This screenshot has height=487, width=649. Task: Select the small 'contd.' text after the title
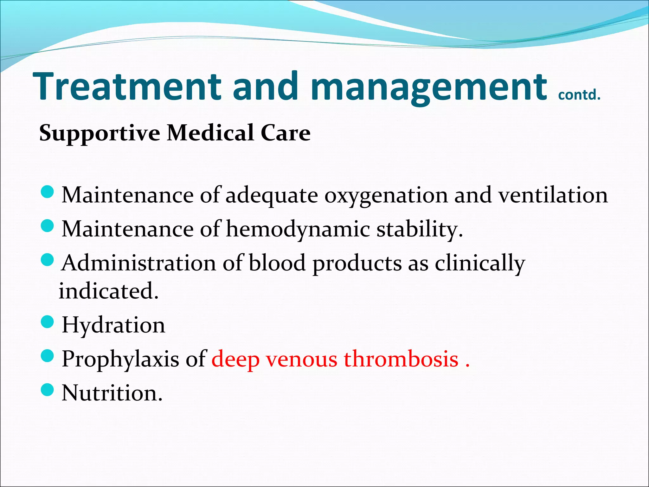pos(579,95)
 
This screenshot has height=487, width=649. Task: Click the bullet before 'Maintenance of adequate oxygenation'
pos(48,192)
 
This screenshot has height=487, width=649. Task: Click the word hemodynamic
pos(298,229)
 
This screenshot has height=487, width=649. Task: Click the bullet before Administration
pos(48,260)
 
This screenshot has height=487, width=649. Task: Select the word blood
pos(277,263)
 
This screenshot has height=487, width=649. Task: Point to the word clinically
pos(480,263)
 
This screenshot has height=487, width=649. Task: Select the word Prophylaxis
pos(120,360)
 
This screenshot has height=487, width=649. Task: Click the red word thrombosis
pos(401,359)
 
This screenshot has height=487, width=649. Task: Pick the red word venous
pos(301,360)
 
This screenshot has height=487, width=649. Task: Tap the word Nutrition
pos(112,393)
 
